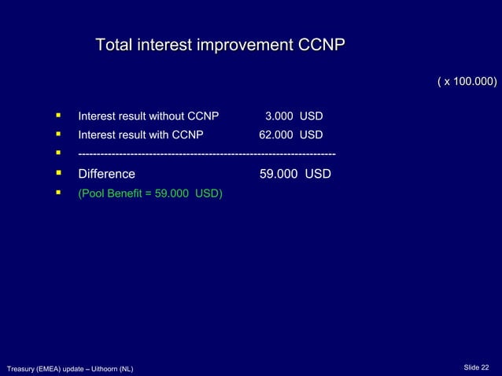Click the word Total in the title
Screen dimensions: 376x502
113,45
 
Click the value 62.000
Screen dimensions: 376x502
276,135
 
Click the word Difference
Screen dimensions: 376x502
106,174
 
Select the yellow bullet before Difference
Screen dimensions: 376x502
59,173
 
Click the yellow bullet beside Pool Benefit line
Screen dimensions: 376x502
59,192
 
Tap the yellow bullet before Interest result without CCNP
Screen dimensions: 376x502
59,116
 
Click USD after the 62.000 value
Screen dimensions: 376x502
311,135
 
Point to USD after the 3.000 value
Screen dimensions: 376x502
311,117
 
